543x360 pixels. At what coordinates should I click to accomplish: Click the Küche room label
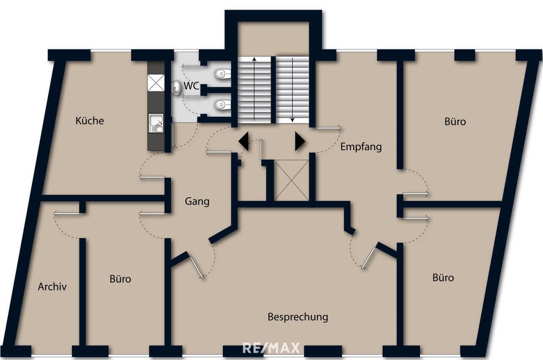[x=89, y=121]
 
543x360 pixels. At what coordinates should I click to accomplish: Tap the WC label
[x=191, y=86]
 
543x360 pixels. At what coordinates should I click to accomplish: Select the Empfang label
[x=361, y=147]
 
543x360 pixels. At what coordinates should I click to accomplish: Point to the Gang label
[x=197, y=201]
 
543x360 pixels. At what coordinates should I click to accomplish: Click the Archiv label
[x=52, y=286]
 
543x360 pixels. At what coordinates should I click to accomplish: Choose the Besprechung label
[x=298, y=316]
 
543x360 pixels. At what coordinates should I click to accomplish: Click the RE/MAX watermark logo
[x=271, y=348]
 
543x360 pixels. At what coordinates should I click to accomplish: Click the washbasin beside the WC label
[x=176, y=87]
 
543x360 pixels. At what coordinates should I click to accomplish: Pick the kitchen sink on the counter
[x=156, y=123]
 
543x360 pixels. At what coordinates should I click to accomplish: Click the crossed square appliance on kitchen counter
[x=155, y=82]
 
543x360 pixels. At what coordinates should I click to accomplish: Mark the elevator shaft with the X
[x=291, y=180]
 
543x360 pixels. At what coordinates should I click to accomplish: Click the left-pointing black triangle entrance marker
[x=244, y=141]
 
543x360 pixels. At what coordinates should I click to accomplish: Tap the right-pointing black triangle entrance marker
[x=299, y=141]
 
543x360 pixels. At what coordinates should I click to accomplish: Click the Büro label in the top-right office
[x=455, y=121]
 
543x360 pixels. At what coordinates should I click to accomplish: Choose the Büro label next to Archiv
[x=120, y=279]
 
